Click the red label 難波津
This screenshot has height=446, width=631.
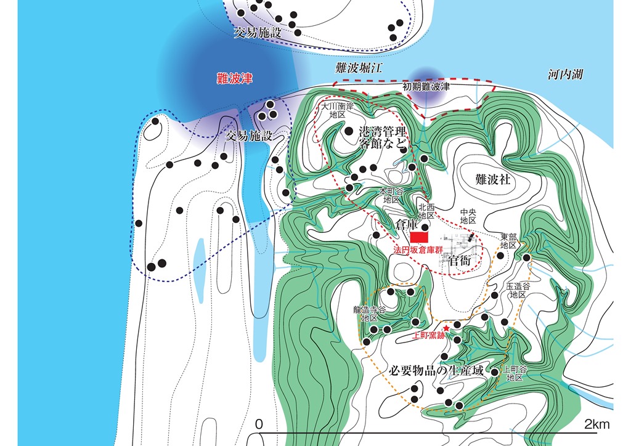tap(235, 78)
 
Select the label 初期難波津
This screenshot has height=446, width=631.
tap(426, 87)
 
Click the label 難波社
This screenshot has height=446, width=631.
tap(494, 179)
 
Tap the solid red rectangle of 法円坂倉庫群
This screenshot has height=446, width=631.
tap(420, 237)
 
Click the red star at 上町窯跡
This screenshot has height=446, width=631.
tap(446, 329)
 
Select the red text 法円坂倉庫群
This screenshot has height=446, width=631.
tap(418, 251)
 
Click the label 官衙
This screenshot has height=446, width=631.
tap(460, 261)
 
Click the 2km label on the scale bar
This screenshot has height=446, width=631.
tap(596, 424)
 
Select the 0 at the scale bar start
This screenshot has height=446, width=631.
tap(259, 424)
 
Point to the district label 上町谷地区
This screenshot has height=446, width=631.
tap(515, 373)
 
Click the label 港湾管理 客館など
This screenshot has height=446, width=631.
tap(383, 139)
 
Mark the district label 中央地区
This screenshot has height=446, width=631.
tap(468, 216)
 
